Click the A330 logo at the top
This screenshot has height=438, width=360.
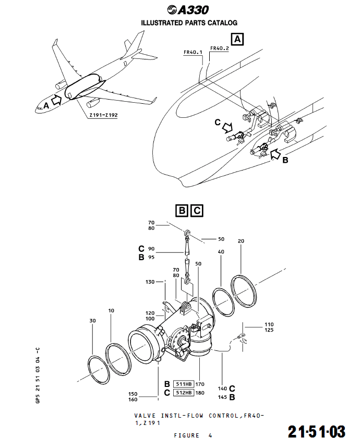click(188, 9)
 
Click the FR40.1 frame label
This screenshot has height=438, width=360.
click(193, 53)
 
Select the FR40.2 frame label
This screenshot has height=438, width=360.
click(219, 48)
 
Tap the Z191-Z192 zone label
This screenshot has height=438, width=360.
click(103, 115)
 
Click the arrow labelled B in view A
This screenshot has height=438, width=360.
click(276, 153)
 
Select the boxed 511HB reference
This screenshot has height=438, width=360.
click(183, 384)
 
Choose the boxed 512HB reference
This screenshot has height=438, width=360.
click(183, 393)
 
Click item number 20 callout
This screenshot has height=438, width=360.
click(241, 241)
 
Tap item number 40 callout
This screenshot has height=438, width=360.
click(221, 252)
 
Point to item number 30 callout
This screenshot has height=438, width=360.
click(93, 321)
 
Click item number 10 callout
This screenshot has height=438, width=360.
click(111, 311)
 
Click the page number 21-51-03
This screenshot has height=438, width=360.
click(317, 431)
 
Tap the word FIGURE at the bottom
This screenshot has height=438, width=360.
click(187, 434)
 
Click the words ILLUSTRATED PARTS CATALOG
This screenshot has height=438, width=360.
click(189, 23)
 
